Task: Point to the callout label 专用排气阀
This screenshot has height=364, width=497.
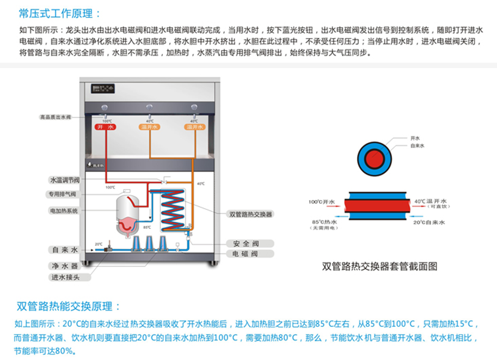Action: [61, 195]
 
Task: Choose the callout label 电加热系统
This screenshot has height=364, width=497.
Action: [63, 210]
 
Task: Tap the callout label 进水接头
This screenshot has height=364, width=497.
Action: [65, 277]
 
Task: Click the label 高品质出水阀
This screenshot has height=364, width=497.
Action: [56, 117]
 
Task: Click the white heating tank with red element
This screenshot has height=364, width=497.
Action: [127, 210]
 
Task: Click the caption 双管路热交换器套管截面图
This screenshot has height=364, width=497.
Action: [379, 266]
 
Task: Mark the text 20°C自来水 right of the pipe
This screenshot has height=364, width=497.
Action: [430, 222]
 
